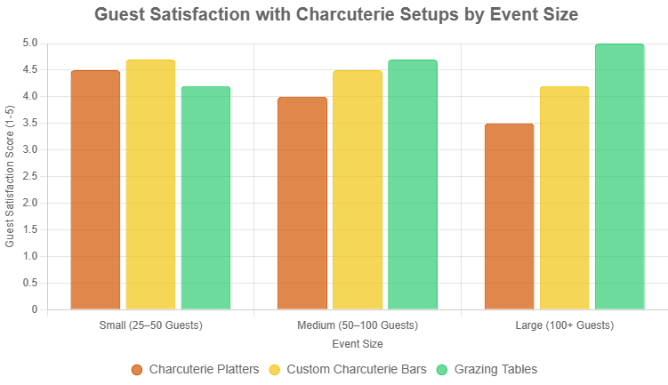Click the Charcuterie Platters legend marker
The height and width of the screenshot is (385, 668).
click(x=137, y=369)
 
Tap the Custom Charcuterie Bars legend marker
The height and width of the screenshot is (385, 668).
click(x=275, y=369)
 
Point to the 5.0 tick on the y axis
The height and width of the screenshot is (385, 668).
click(x=29, y=43)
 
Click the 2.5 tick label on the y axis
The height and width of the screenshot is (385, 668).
click(x=29, y=176)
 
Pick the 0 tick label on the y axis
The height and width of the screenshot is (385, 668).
click(x=34, y=309)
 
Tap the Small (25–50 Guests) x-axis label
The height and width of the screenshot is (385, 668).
click(x=151, y=325)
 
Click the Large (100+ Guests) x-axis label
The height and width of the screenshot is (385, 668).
click(x=564, y=325)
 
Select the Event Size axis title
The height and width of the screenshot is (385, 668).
click(x=358, y=343)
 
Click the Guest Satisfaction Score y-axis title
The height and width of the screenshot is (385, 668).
click(x=10, y=176)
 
